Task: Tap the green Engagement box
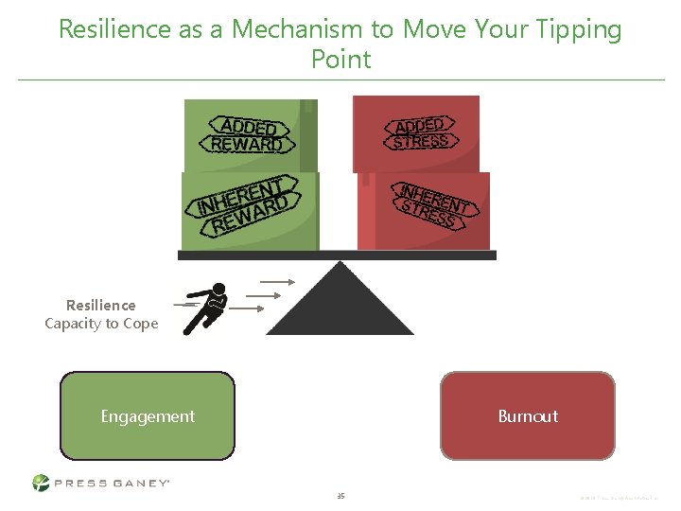[x=148, y=415]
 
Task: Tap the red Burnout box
[x=527, y=415]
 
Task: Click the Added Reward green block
[x=249, y=135]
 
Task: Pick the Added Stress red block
[x=417, y=133]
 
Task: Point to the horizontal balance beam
[x=337, y=255]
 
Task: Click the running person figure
[x=205, y=308]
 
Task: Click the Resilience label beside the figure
[x=101, y=306]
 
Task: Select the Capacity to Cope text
[x=101, y=324]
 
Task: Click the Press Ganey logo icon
[x=41, y=483]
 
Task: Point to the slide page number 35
[x=340, y=495]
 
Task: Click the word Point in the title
[x=340, y=60]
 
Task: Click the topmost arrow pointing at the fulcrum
[x=278, y=281]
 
